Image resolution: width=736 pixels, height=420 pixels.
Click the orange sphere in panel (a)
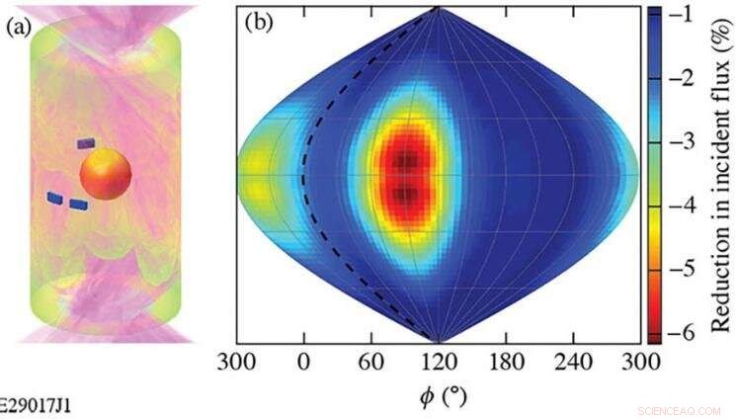tap(106, 175)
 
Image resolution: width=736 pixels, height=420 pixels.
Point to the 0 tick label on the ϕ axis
tap(304, 362)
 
